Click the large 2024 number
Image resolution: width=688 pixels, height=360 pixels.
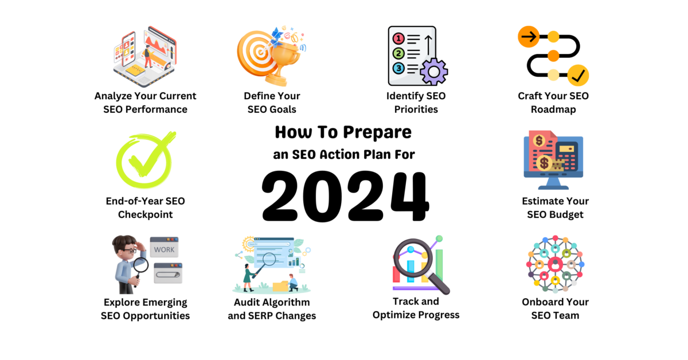click(345, 196)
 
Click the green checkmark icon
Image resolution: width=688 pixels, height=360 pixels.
click(146, 160)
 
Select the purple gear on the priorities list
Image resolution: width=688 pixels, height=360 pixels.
click(433, 72)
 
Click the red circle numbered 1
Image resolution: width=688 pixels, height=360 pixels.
click(398, 39)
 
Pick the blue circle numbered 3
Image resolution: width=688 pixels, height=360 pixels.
click(398, 68)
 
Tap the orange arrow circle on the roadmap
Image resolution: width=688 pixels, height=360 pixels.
click(529, 37)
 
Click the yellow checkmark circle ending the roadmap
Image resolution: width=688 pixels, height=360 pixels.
click(578, 75)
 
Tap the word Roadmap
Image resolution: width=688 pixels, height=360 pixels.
click(553, 109)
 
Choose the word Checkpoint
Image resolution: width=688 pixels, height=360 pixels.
click(145, 215)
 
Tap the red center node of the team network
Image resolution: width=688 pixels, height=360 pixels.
click(555, 264)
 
